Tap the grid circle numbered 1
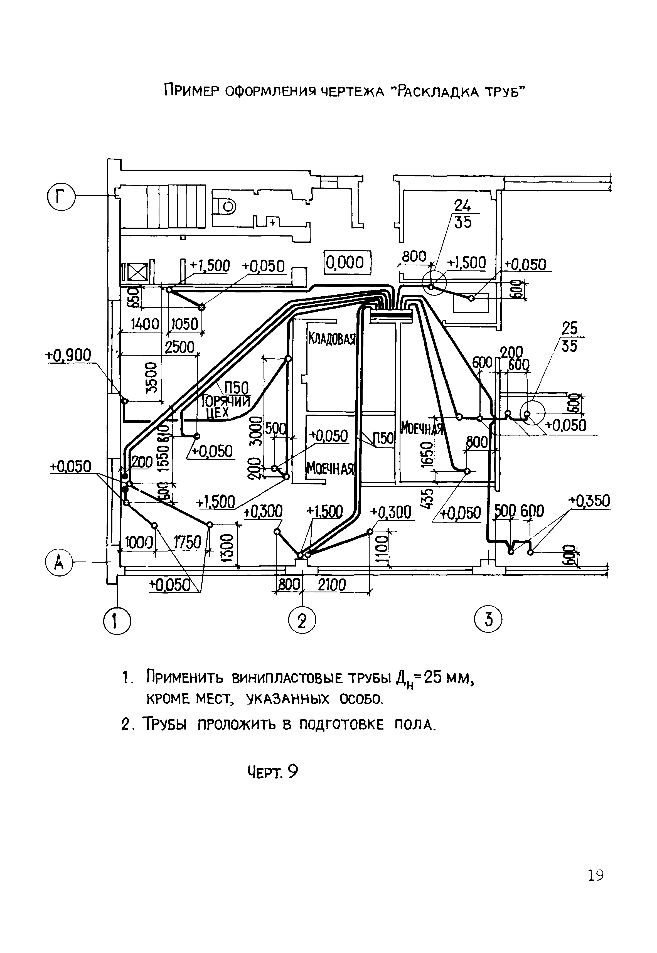click(x=117, y=621)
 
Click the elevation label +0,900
click(x=68, y=355)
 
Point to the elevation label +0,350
click(x=589, y=501)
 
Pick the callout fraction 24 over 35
click(x=462, y=214)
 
